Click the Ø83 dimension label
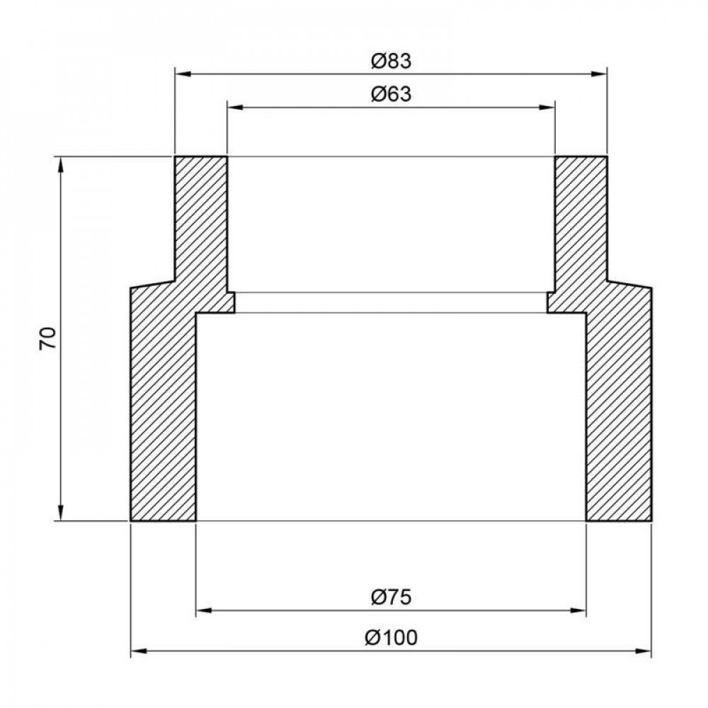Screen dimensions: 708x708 click(392, 62)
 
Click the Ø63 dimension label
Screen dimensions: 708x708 click(392, 94)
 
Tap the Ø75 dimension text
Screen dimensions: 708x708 click(392, 598)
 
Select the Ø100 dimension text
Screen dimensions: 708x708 click(392, 638)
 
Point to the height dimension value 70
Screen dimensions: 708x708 click(47, 338)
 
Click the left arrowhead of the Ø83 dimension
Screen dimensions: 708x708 click(182, 74)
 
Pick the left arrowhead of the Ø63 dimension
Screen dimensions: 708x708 click(234, 107)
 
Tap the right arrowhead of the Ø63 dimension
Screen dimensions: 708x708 click(547, 107)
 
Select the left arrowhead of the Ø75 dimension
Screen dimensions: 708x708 click(204, 611)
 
